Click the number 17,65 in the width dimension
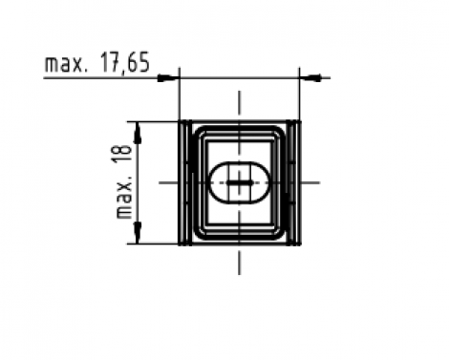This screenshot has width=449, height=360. tap(123, 64)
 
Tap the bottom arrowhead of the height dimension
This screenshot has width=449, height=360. tap(139, 235)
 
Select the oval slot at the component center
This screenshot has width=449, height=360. tap(239, 181)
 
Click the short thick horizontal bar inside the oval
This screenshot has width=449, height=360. tap(240, 181)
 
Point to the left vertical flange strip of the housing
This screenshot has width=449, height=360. tap(184, 181)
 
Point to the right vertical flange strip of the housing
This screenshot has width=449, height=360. tap(294, 181)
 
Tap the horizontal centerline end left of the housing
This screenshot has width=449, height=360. tap(164, 181)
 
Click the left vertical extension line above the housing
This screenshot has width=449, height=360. tap(180, 95)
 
